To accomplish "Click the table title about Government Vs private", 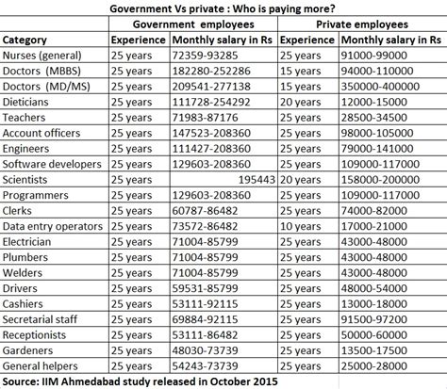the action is pyautogui.click(x=223, y=8).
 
